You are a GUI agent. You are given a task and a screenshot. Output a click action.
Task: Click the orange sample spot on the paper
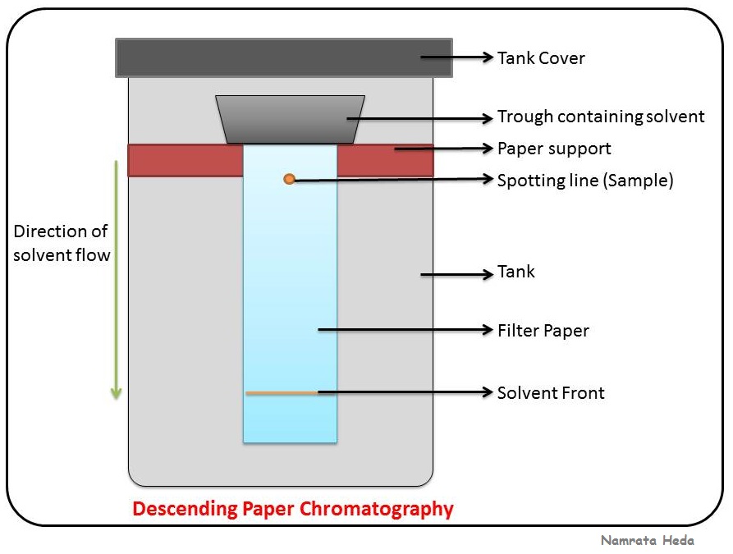(x=289, y=179)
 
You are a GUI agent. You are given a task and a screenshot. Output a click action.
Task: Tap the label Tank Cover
(x=540, y=57)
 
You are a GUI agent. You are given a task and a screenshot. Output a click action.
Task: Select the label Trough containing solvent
(x=601, y=117)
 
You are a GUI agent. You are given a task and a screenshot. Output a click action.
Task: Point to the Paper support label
(x=554, y=149)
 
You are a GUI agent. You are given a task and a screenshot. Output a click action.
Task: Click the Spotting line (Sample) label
(x=584, y=180)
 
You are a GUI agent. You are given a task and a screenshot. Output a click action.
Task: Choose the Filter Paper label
(x=543, y=331)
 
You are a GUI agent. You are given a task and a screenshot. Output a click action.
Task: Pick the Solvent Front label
(x=551, y=392)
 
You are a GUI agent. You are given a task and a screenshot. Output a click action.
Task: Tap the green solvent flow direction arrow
(x=117, y=279)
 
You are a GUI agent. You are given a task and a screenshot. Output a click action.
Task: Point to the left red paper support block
(x=186, y=160)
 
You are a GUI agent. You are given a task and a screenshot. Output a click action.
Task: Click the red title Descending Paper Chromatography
(x=293, y=509)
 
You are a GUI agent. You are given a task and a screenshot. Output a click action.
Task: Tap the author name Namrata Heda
(x=647, y=540)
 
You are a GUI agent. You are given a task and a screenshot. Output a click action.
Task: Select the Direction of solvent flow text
(x=62, y=243)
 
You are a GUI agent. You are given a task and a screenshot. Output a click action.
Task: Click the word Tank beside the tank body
(x=515, y=272)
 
